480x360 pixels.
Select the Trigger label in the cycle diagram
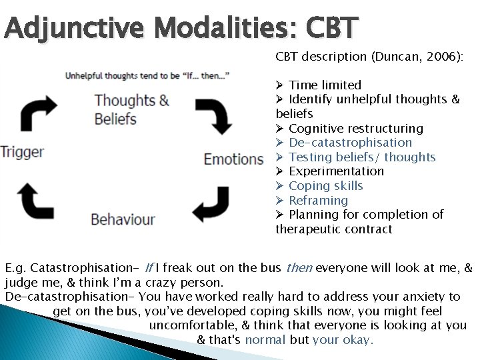click(22, 151)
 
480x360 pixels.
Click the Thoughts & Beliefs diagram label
click(131, 110)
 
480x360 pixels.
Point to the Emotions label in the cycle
click(234, 159)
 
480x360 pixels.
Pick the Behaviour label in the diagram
click(123, 219)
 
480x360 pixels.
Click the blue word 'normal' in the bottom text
click(266, 339)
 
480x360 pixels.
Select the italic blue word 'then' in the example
click(298, 268)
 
